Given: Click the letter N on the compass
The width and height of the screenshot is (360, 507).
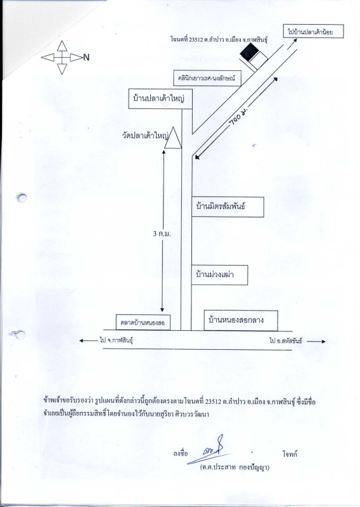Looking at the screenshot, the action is (86, 58).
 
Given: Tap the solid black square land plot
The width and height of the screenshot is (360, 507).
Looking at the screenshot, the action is (250, 52).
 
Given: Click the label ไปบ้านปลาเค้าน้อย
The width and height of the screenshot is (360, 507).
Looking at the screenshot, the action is (313, 31).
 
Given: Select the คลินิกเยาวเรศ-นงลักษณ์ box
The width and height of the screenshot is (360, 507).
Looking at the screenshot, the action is (207, 78).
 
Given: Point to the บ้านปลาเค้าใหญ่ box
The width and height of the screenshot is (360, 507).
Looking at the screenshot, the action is (160, 98).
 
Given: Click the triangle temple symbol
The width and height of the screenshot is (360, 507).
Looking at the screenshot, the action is (173, 138).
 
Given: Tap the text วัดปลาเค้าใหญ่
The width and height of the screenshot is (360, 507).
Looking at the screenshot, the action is (145, 135).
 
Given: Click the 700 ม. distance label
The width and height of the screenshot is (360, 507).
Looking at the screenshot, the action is (238, 118).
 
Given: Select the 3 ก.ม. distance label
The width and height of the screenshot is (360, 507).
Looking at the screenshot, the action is (162, 233).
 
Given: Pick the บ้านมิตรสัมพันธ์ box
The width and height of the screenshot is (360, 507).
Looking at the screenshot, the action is (228, 207).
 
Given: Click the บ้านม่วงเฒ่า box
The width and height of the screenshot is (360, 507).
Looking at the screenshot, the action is (220, 275).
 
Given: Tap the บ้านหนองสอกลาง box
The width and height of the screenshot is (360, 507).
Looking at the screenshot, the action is (241, 321).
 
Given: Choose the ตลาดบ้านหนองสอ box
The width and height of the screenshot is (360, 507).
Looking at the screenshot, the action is (143, 323).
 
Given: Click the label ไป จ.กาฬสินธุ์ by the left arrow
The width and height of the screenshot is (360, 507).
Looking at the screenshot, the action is (117, 340).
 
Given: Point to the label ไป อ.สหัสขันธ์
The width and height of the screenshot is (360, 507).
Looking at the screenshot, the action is (286, 341).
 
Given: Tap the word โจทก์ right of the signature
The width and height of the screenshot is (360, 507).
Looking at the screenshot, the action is (290, 454).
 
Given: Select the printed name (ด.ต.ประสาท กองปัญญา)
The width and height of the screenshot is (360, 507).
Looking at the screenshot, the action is (235, 467).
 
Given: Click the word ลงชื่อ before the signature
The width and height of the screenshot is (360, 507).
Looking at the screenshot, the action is (180, 454).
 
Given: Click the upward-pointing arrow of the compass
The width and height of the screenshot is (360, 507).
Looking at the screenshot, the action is (62, 46).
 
